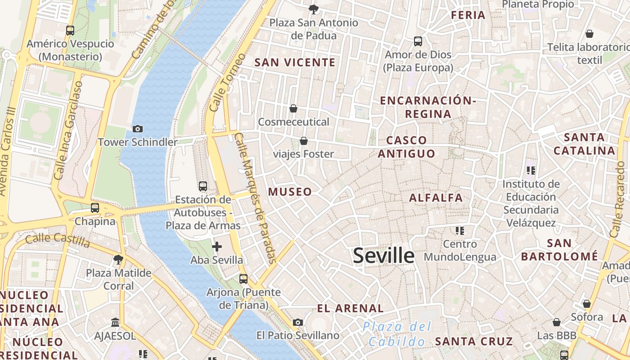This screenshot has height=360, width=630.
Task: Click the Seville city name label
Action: coord(383,256)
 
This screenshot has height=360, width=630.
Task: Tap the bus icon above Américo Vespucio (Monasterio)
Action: coord(70,31)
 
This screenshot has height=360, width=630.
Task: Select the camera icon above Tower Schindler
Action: coord(138,129)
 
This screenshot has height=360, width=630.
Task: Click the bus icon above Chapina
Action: coord(94,208)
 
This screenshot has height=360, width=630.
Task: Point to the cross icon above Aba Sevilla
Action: coord(217,246)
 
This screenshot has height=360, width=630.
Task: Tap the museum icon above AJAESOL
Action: coord(115,323)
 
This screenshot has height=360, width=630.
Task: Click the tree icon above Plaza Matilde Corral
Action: coord(118,259)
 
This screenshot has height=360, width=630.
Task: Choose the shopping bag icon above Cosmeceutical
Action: coord(293,108)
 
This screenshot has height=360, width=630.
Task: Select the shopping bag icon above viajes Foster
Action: coord(304,141)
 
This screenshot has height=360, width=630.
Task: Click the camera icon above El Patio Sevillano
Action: coord(297,322)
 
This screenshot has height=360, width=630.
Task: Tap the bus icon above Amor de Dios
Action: coord(418,41)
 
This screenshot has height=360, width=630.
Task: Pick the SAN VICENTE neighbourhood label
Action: coord(295,63)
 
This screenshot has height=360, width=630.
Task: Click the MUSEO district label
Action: coord(290,192)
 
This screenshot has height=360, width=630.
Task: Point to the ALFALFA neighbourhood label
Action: coord(436,198)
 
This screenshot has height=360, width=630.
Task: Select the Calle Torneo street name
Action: coord(228,83)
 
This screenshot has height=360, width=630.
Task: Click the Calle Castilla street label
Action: coord(58,240)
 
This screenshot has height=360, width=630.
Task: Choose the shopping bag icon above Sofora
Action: coord(586,304)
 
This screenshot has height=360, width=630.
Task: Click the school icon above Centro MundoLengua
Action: coord(459,231)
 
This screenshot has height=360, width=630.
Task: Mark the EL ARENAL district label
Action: coord(351,308)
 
